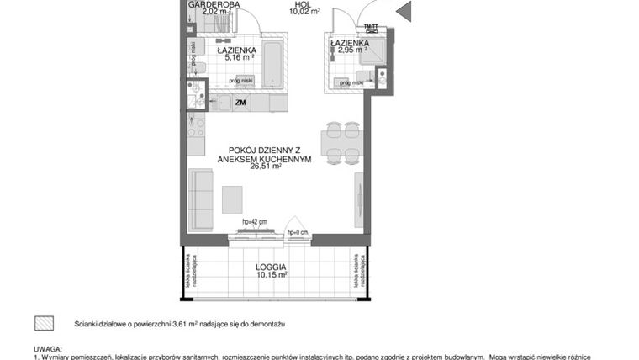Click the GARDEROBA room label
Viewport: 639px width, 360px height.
tap(214, 5)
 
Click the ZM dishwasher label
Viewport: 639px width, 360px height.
tap(241, 103)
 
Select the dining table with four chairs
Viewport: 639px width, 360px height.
tap(342, 140)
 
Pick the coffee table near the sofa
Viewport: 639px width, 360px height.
tap(233, 199)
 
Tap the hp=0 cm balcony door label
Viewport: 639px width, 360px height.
tap(298, 232)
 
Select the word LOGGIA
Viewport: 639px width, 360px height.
tap(271, 266)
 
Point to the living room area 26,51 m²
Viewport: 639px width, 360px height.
tap(266, 167)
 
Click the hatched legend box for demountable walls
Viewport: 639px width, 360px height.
tap(43, 323)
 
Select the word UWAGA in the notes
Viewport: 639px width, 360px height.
tap(48, 347)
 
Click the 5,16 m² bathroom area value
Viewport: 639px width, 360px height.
tap(237, 59)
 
